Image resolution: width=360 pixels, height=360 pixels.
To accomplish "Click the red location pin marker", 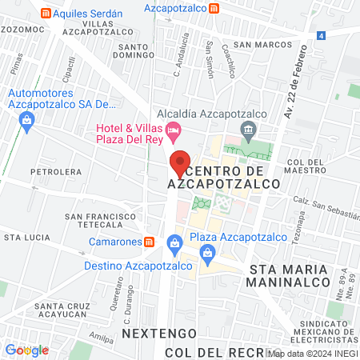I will click(180, 163).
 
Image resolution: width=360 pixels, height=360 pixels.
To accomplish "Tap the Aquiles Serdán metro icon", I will click(46, 14).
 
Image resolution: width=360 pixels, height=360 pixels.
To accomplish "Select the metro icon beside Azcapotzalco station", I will click(214, 9).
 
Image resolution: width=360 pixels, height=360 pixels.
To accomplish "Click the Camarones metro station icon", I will click(149, 242).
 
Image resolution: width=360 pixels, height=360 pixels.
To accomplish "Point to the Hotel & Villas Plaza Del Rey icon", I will click(174, 130).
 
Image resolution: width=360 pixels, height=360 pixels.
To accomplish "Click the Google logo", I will click(26, 350).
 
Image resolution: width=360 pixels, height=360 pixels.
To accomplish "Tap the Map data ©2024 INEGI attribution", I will click(313, 353).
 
